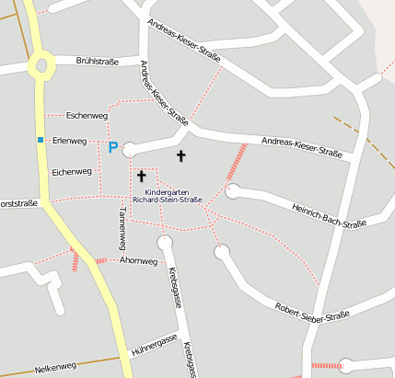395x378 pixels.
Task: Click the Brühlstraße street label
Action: click(x=98, y=62)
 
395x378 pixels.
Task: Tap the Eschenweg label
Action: click(x=87, y=116)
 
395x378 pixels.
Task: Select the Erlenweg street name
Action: click(x=69, y=141)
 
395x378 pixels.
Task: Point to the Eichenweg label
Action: click(x=72, y=172)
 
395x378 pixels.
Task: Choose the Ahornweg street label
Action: click(x=139, y=261)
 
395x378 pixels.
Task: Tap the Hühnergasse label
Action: click(x=154, y=343)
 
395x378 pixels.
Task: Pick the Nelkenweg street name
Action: click(x=55, y=368)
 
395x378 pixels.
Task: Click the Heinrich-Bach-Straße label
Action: click(x=328, y=215)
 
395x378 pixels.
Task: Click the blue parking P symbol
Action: click(x=113, y=147)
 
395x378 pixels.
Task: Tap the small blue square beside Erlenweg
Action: click(x=41, y=140)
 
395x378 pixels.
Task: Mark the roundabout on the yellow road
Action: click(x=40, y=65)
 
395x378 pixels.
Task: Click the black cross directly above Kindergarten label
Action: click(x=142, y=175)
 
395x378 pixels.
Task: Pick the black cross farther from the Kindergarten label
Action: click(x=180, y=156)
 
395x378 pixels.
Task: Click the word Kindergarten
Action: click(x=166, y=191)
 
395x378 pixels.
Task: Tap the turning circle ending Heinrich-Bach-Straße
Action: click(x=233, y=191)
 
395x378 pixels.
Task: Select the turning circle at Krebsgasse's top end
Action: click(x=166, y=243)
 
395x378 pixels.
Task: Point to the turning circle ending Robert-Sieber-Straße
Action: click(x=222, y=251)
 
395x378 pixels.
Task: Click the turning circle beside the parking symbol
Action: click(x=130, y=149)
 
